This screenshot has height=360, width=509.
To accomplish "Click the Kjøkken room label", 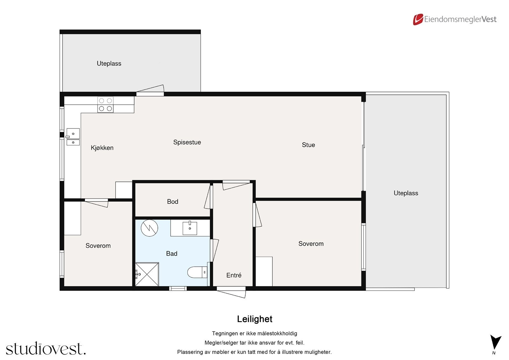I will click(x=102, y=148).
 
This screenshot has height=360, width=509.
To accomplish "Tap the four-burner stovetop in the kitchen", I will click(x=105, y=105).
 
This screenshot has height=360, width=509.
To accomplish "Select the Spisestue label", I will click(x=187, y=142).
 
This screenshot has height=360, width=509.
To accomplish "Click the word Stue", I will click(x=308, y=145).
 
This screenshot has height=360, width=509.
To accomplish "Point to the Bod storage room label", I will click(x=172, y=201).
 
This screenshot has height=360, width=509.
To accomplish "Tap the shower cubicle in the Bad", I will click(x=147, y=274).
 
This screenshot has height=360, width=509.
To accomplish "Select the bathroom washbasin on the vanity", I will click(x=190, y=228).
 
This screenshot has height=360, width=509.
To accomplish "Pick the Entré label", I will click(x=234, y=275).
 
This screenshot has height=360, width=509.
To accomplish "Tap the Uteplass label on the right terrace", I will click(x=406, y=193).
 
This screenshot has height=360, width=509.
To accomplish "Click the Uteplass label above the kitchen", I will click(x=109, y=63).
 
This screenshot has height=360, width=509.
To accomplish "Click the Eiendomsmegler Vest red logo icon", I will click(x=418, y=19).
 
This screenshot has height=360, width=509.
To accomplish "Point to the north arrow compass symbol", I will click(x=495, y=343).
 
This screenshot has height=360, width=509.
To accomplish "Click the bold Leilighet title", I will click(x=254, y=319).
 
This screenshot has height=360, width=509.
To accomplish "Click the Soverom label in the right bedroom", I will click(x=311, y=244).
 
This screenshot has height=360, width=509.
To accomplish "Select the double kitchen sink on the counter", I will click(x=73, y=137).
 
